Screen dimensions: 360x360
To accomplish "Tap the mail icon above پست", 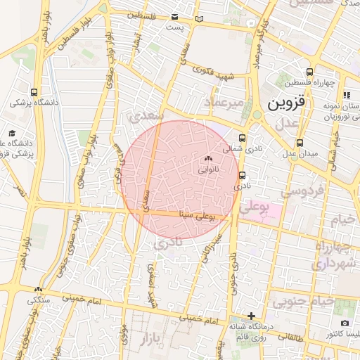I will [x=174, y=18].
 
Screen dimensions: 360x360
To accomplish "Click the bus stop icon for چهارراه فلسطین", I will [x=310, y=72].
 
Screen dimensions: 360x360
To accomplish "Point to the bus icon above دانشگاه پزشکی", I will [x=34, y=92].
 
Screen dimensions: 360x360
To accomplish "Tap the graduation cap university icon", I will [x=12, y=133].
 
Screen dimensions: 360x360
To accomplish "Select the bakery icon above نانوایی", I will [x=207, y=159].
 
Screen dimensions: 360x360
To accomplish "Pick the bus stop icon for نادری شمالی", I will [x=243, y=138].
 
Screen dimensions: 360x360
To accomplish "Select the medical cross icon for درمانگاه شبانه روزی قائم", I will [x=251, y=316].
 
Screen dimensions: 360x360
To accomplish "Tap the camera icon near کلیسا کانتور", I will [x=344, y=323].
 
